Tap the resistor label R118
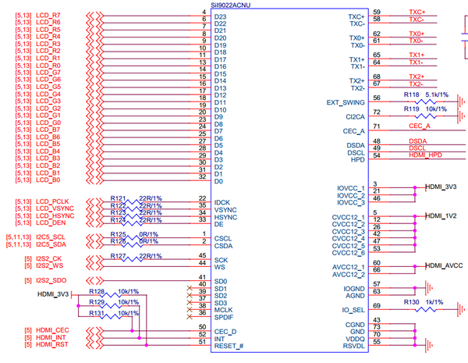[411, 94]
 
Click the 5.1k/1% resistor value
[438, 94]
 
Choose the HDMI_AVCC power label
[445, 266]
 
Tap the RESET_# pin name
[229, 344]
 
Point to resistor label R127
[118, 256]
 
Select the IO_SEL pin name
[352, 310]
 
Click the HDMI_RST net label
[52, 344]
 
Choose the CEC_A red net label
[419, 126]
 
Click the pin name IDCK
[224, 202]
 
